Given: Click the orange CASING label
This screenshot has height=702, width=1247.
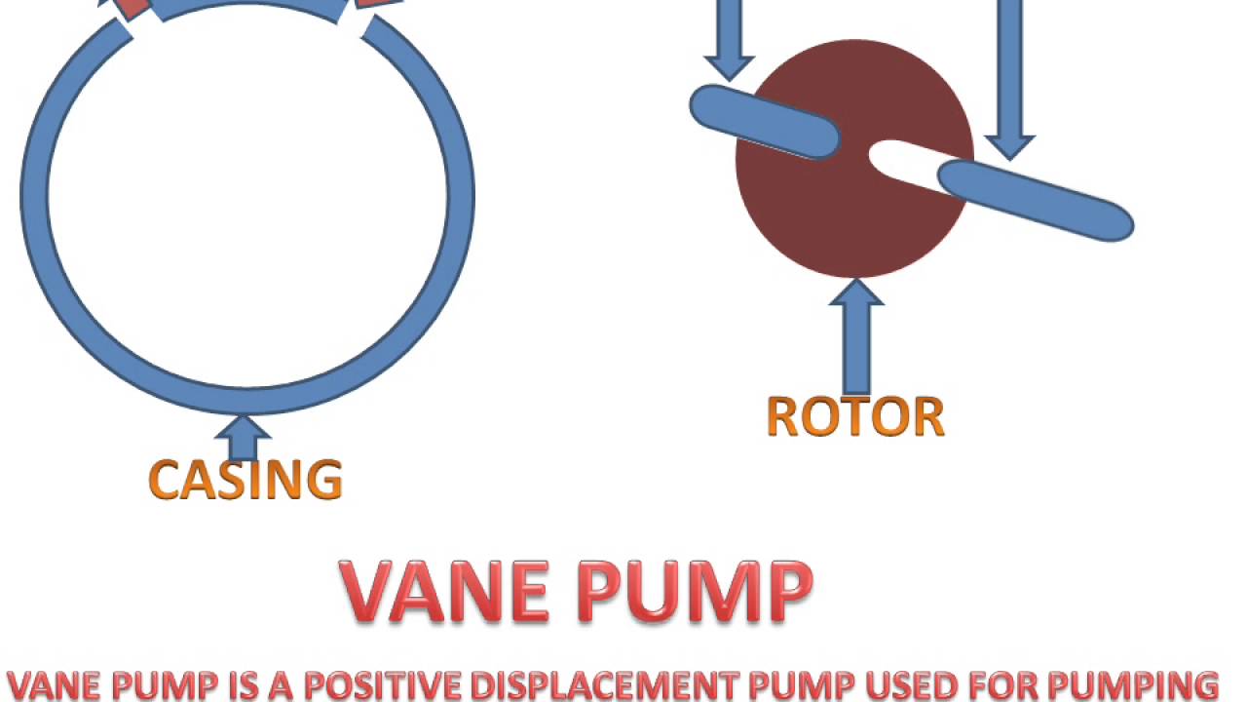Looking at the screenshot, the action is [245, 480].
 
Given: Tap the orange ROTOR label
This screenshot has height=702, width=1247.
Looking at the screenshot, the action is [855, 417].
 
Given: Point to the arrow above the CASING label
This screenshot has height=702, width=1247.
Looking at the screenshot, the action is [243, 437].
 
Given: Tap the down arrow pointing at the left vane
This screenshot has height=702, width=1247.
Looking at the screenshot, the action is [729, 39].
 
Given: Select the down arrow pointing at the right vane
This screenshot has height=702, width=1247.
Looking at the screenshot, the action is [1010, 78].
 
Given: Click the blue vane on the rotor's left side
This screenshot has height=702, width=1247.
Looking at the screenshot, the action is [765, 122].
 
